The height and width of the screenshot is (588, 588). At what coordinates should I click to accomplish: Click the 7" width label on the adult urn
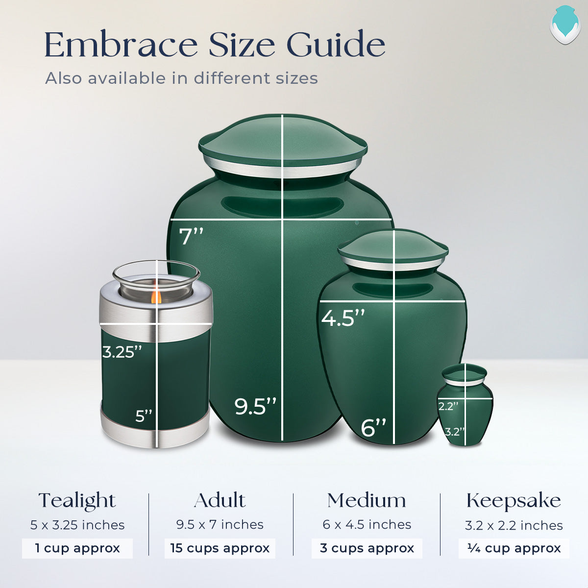click(x=191, y=237)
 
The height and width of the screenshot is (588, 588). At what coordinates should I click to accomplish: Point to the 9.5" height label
click(x=255, y=406)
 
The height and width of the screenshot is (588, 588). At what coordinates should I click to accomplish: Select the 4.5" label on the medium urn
click(x=343, y=318)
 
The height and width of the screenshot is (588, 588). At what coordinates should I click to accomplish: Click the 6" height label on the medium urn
click(x=374, y=427)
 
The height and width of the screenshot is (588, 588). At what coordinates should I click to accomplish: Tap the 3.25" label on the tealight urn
click(x=122, y=352)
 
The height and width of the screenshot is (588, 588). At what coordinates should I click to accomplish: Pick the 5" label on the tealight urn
click(x=144, y=416)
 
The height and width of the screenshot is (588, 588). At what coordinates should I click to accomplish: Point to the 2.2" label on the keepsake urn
click(x=448, y=406)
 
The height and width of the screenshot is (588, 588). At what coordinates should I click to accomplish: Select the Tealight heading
click(x=77, y=501)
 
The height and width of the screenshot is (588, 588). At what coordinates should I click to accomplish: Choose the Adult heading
click(x=220, y=501)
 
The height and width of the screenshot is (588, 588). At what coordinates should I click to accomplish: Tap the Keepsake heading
click(x=514, y=501)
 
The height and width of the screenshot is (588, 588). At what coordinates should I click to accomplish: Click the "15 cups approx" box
click(x=220, y=548)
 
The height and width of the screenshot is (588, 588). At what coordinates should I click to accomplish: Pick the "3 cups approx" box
click(x=367, y=548)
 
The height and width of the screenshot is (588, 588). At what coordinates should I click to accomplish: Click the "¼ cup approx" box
click(x=514, y=548)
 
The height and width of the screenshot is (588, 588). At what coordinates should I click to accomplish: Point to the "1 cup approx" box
click(x=77, y=548)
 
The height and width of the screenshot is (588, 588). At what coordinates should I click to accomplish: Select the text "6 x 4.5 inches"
click(x=367, y=525)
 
